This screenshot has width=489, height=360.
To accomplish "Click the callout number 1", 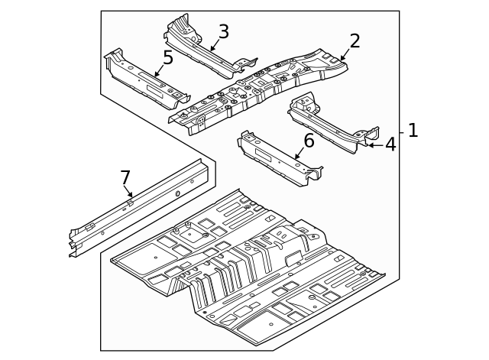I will [413, 131].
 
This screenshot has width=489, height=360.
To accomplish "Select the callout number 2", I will [355, 41].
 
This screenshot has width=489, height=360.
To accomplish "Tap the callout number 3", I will [223, 31].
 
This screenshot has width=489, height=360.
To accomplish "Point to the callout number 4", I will [390, 144].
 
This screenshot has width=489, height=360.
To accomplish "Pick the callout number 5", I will [167, 58].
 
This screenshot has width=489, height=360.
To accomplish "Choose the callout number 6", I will [309, 141].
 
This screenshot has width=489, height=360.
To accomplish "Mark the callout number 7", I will [125, 178].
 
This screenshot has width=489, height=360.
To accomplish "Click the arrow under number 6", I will [300, 154].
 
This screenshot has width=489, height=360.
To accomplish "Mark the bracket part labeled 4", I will [329, 122].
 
